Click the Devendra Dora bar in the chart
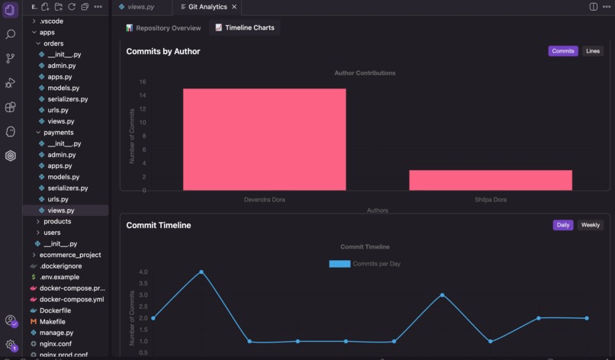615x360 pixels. pos(264,140)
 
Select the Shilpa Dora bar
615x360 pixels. pos(490,180)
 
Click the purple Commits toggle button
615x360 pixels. pos(562,51)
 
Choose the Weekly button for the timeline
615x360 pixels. pos(590,225)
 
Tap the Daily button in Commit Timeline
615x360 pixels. pos(562,225)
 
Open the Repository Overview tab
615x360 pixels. pos(163,28)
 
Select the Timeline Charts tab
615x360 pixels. pos(244,28)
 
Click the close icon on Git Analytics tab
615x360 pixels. pos(234,7)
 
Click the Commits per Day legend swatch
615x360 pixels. pos(340,264)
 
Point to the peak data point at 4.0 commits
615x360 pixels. pos(201,272)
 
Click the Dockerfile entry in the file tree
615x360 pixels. pos(55,310)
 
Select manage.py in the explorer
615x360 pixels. pos(56,333)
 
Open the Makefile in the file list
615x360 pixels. pos(52,322)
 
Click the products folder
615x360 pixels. pos(57,221)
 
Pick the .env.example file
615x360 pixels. pos(60,277)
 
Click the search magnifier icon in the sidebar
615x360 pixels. pos(10,34)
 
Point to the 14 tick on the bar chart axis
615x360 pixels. pos(143,95)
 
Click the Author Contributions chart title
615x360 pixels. pos(365,73)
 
